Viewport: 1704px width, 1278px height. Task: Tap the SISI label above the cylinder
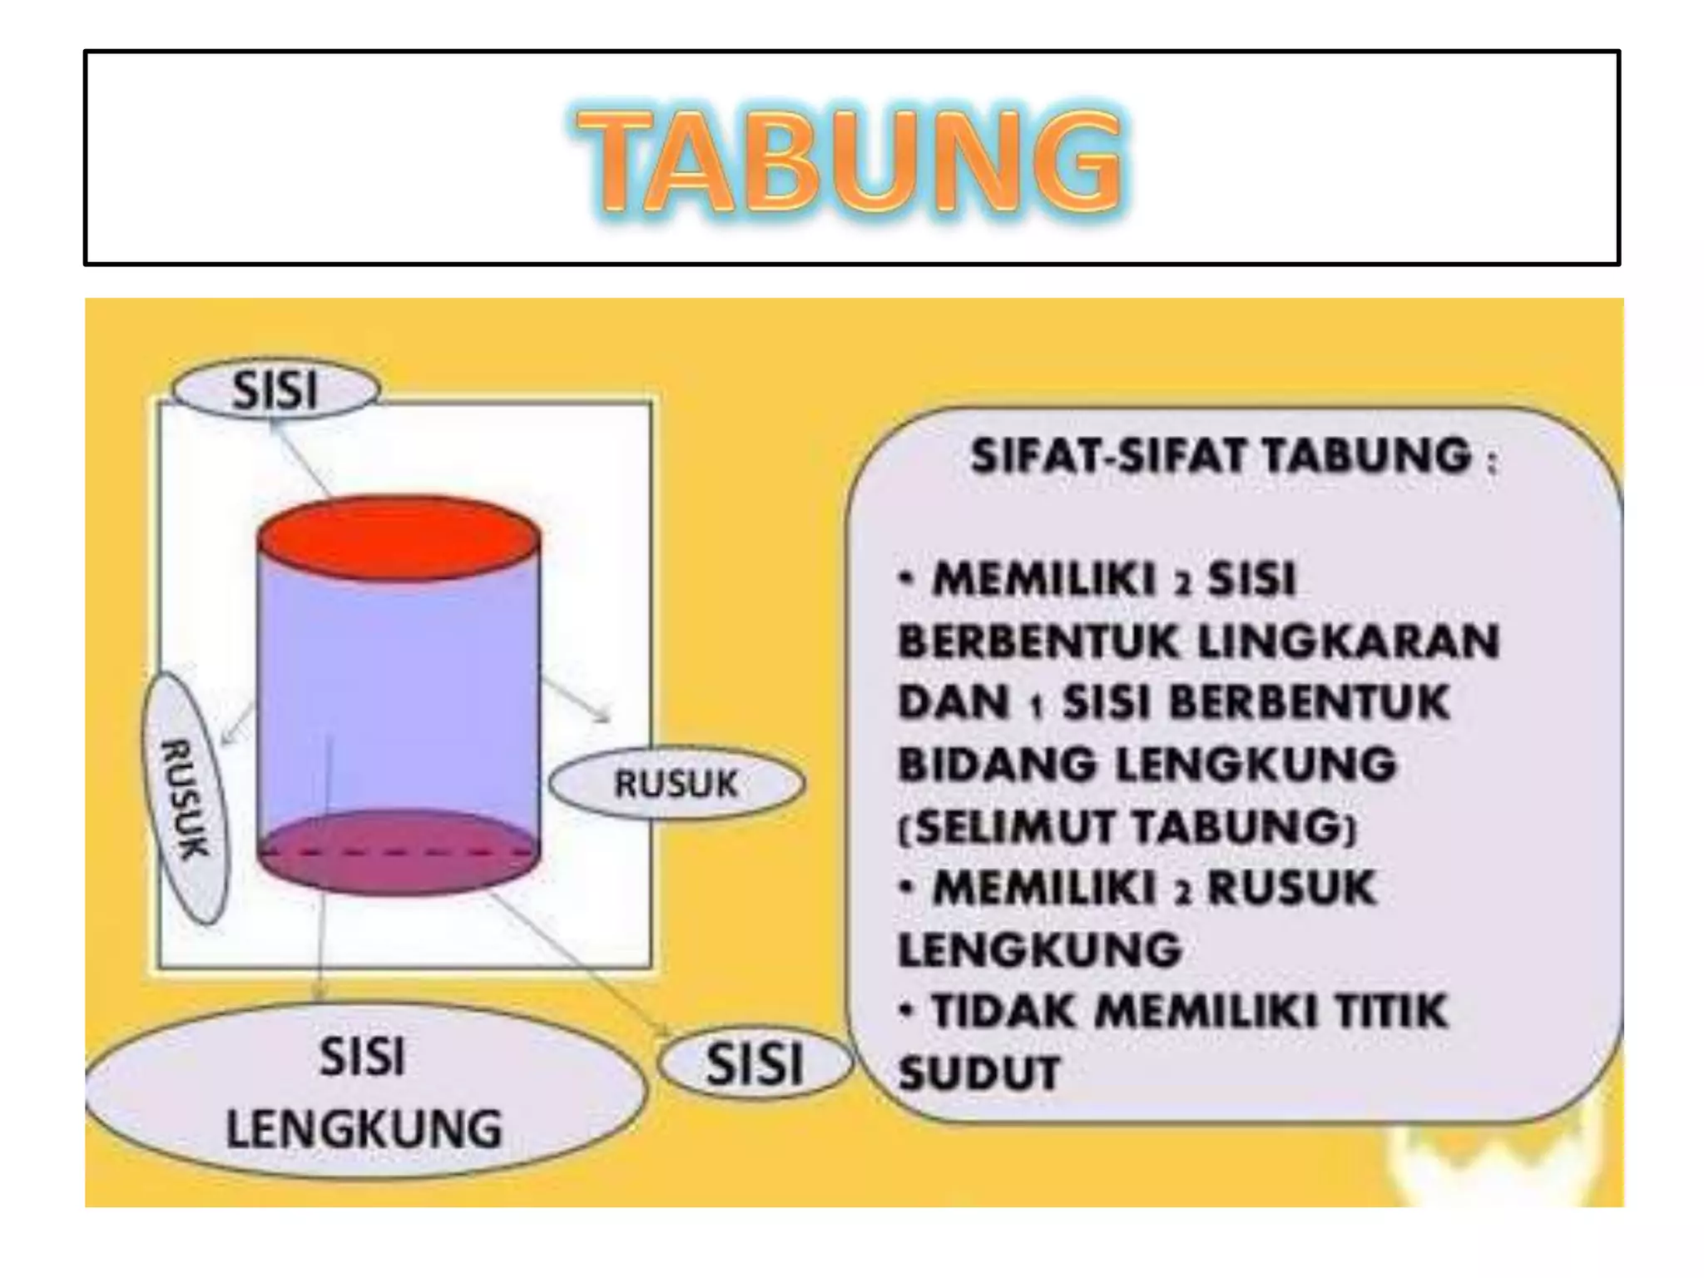(275, 389)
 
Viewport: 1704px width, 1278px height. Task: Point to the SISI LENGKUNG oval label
(364, 1092)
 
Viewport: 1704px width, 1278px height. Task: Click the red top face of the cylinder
(399, 537)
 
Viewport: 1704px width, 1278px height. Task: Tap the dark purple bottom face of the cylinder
(399, 869)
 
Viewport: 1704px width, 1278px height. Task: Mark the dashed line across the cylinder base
(399, 853)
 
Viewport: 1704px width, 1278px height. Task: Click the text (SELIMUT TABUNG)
(1127, 826)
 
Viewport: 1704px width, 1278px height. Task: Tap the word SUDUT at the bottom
(979, 1072)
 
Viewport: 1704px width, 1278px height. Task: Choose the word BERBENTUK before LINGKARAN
(1039, 641)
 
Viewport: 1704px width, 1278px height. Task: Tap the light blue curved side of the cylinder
(399, 691)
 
